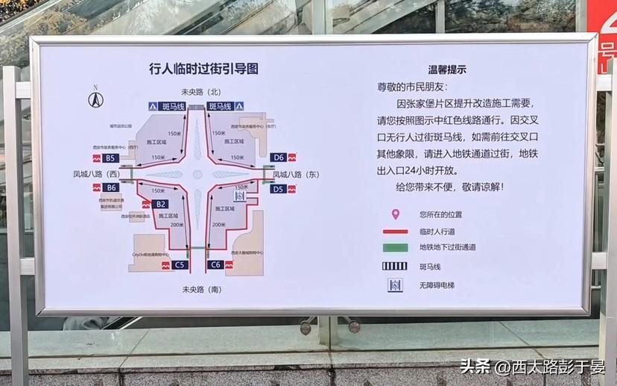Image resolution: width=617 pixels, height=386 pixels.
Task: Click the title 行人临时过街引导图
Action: click(x=203, y=69)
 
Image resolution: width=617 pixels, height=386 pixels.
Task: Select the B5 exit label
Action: click(x=110, y=158)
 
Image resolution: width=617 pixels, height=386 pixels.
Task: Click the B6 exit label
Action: click(x=111, y=187)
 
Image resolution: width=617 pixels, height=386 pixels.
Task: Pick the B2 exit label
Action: click(x=161, y=203)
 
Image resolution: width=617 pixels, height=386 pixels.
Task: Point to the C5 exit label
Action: click(x=179, y=264)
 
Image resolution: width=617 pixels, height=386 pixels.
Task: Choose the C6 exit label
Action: click(x=215, y=264)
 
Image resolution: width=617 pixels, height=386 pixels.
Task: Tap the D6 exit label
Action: click(x=278, y=158)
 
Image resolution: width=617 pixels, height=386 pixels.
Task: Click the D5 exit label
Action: click(x=278, y=189)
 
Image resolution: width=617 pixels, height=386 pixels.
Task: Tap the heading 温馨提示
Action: click(x=447, y=69)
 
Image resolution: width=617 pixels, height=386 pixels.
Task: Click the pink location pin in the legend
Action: click(x=395, y=214)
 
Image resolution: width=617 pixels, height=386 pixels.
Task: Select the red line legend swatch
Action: click(x=395, y=231)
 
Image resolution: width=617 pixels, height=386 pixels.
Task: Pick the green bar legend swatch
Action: click(x=395, y=247)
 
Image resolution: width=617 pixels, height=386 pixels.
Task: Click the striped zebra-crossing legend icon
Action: click(x=395, y=266)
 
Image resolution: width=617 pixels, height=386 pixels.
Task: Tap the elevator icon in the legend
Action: click(x=395, y=285)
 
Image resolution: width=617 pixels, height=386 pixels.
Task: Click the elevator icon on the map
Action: click(x=240, y=196)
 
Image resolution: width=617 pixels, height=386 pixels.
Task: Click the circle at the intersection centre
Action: click(x=197, y=174)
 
